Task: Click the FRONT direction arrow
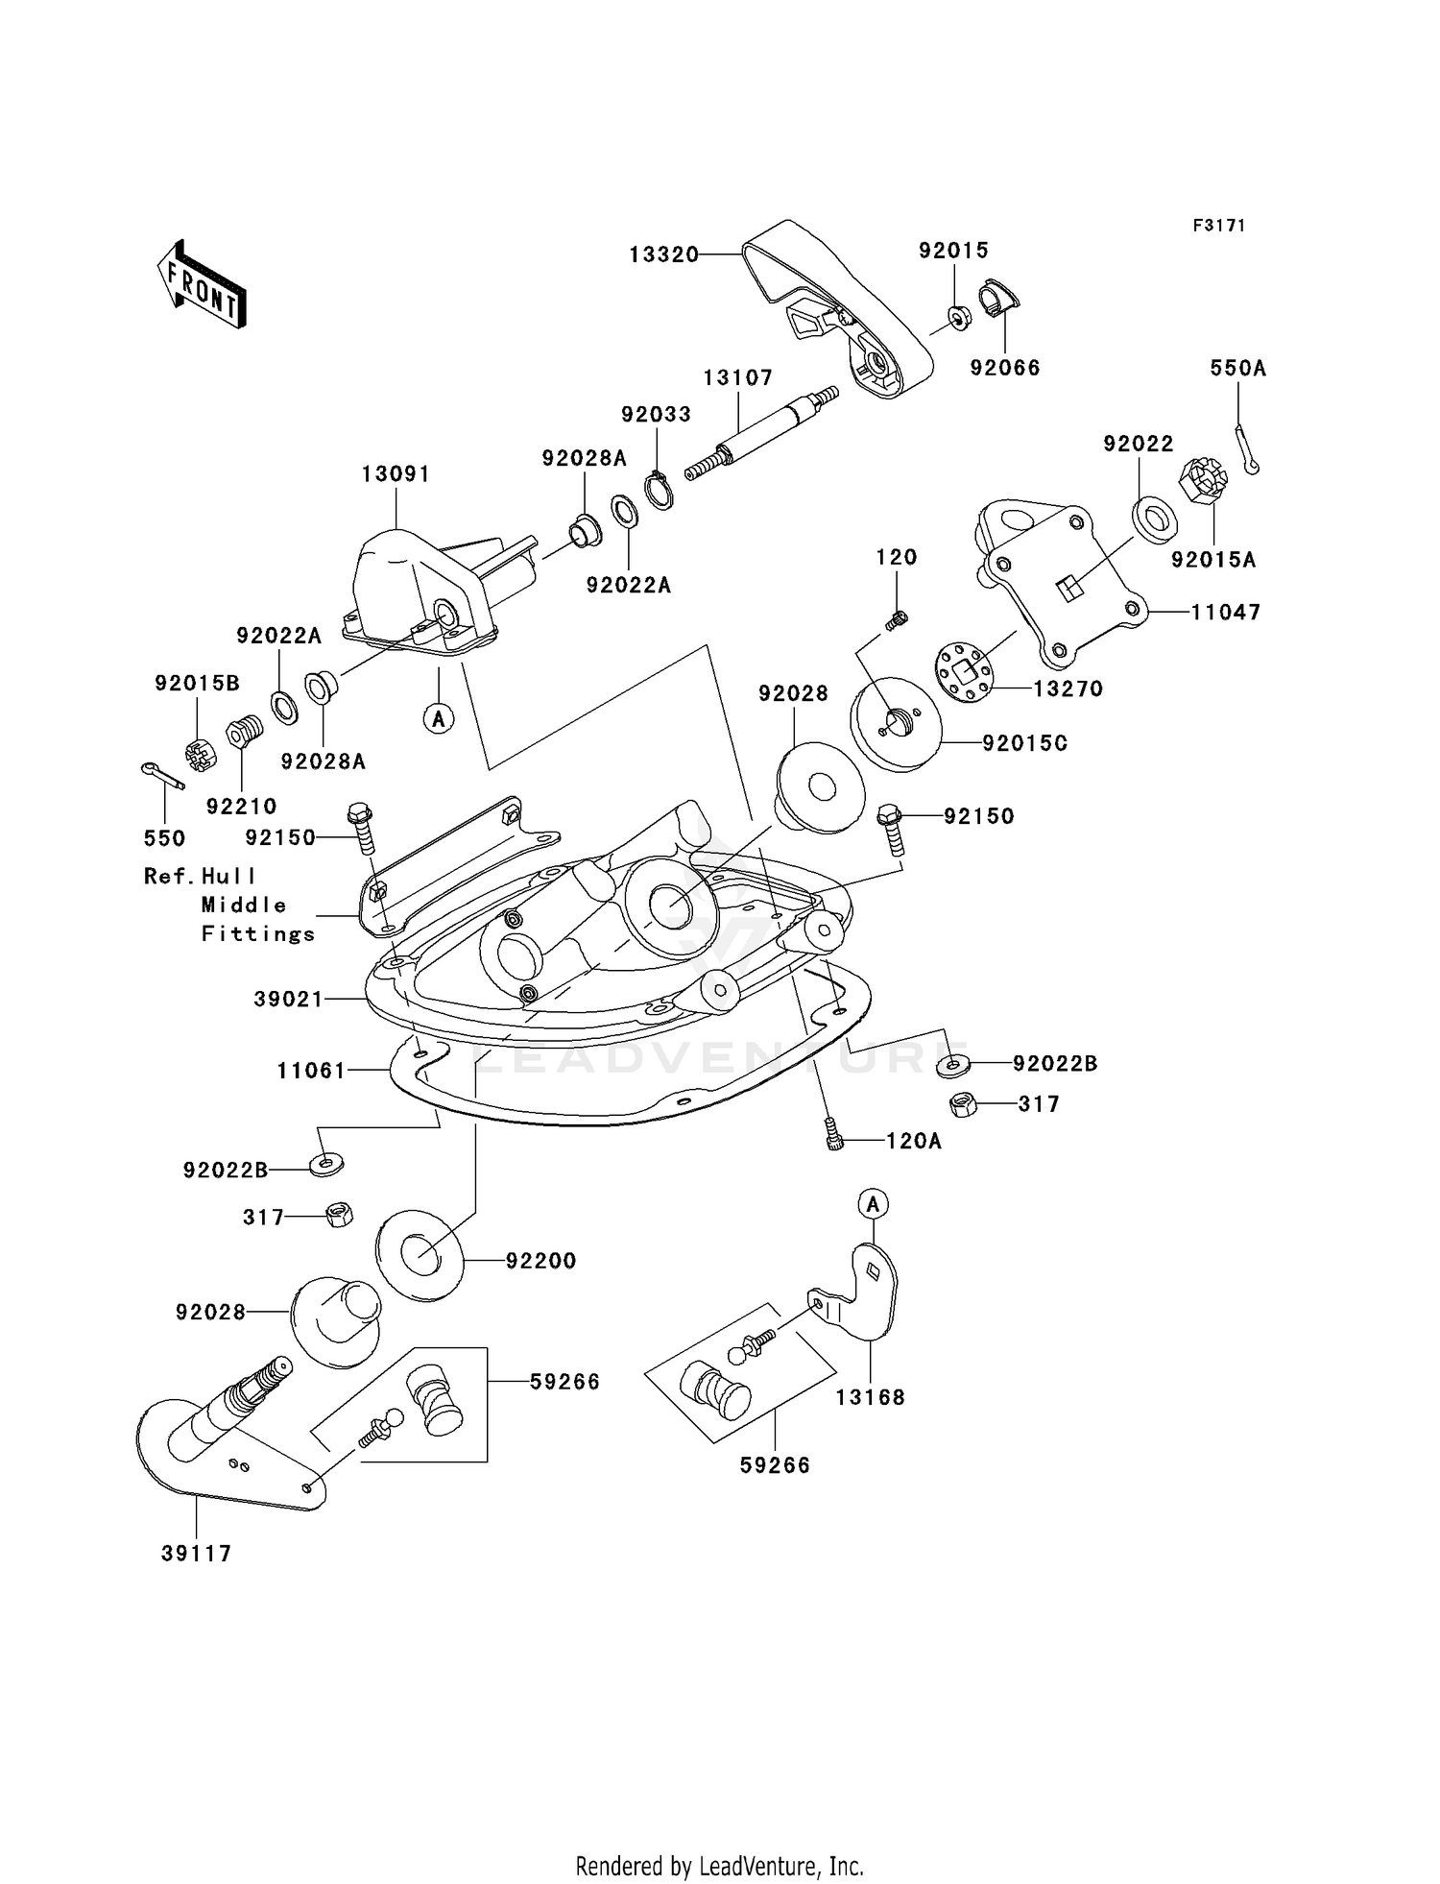(202, 285)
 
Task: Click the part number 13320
(664, 254)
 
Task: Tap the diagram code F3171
(1219, 226)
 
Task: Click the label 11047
(1226, 612)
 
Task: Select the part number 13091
(396, 474)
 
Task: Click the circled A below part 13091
(440, 717)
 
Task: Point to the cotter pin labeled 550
(161, 776)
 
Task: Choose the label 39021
(289, 999)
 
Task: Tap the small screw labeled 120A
(833, 1135)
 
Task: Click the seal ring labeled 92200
(420, 1255)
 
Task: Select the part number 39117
(197, 1554)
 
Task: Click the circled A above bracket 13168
(873, 1203)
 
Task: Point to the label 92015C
(1025, 743)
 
